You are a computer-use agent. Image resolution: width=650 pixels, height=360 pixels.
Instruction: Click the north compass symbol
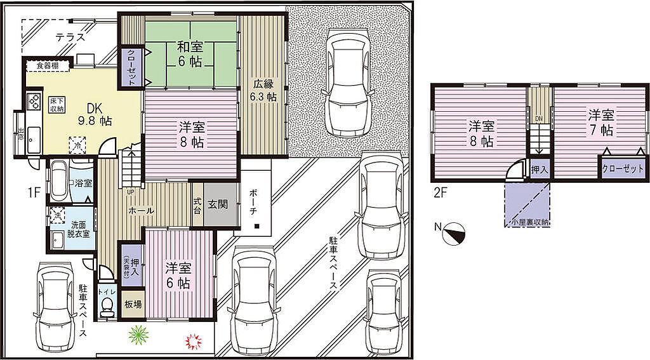pos(454,234)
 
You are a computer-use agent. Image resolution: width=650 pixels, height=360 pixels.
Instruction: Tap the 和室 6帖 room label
pos(190,54)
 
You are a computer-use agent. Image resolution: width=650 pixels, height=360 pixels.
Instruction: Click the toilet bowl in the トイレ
pos(108,305)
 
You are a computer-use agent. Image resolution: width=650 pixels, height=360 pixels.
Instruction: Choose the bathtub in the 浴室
pos(58,181)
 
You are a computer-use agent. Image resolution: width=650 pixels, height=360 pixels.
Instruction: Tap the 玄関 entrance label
pos(218,204)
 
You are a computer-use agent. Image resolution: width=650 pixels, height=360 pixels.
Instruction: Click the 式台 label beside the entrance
pos(197,205)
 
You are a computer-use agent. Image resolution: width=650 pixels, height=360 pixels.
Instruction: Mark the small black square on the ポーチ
pos(257,226)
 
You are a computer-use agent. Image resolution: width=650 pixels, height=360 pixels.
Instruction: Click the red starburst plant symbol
pos(193,342)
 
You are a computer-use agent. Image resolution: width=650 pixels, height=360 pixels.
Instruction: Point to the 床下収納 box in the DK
pos(56,105)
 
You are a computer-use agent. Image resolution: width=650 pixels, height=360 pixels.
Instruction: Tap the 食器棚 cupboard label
pos(47,65)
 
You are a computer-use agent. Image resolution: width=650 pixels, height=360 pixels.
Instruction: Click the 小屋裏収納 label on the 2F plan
pos(530,222)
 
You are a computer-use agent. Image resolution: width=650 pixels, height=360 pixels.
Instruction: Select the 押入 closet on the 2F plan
pos(540,170)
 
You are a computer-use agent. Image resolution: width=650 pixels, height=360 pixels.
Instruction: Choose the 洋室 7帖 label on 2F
pos(601,123)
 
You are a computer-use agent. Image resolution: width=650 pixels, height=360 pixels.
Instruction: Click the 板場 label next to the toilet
pos(133,304)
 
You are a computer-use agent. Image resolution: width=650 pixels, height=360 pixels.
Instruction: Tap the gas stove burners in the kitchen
pos(34,101)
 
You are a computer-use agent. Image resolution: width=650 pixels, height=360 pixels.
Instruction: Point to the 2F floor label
pos(441,193)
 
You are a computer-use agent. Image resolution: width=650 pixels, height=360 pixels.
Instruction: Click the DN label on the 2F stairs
pos(538,119)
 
